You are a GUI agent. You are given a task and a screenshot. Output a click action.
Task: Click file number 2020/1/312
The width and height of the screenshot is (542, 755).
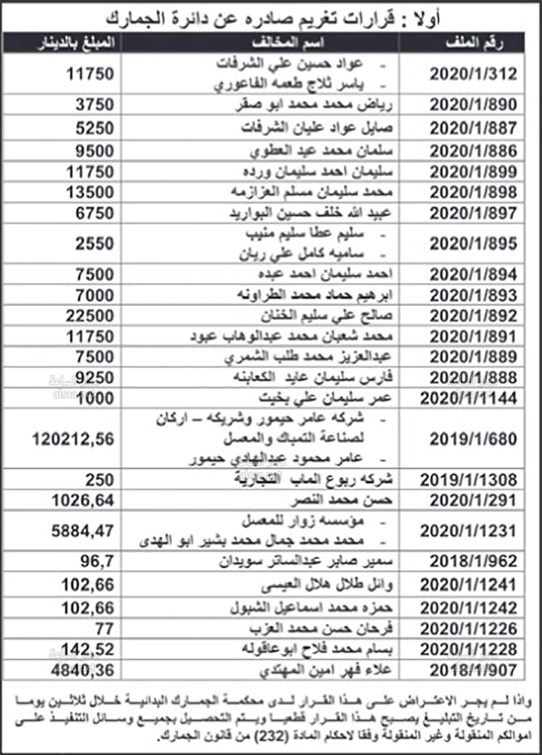473,74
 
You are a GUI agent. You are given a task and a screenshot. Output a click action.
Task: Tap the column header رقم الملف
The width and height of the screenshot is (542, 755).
474,43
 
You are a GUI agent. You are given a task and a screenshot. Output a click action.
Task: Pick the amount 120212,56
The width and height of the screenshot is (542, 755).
73,439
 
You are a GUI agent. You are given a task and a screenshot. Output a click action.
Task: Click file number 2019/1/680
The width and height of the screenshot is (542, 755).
473,439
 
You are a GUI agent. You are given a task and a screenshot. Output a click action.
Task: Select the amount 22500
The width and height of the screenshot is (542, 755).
90,316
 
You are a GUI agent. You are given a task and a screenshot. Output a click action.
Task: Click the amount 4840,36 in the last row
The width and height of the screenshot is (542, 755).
83,671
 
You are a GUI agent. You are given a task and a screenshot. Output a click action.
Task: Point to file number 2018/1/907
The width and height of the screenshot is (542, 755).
473,671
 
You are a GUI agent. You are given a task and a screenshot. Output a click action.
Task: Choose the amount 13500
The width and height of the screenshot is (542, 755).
90,192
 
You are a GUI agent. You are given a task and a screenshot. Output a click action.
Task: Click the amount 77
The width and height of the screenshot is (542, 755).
104,628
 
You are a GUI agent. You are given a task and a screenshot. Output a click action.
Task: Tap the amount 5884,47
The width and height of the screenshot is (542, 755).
83,531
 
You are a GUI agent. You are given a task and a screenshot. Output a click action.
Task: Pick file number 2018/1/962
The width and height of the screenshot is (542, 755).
473,561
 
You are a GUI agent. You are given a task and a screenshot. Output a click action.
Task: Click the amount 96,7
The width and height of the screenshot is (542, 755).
98,561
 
